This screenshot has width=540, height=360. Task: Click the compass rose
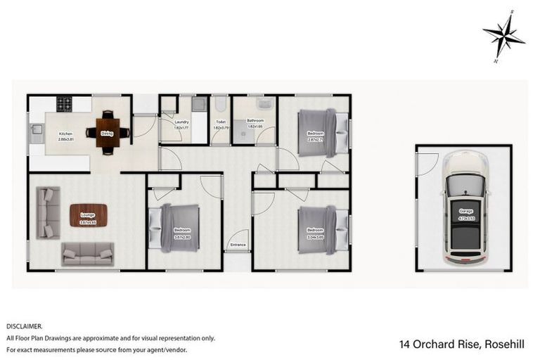503,35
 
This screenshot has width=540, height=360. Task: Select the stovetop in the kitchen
65,104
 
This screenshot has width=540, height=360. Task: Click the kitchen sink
35,130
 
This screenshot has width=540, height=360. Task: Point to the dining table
107,131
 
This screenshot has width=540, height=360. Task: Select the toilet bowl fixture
220,105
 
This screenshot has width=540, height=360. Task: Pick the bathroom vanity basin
265,105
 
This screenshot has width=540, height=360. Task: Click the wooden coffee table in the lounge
88,214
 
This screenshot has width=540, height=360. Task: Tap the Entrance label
238,245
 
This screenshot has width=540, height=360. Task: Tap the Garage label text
465,211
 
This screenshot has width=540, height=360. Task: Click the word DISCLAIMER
25,326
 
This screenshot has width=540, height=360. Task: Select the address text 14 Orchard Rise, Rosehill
457,344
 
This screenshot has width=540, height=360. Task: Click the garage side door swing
427,164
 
